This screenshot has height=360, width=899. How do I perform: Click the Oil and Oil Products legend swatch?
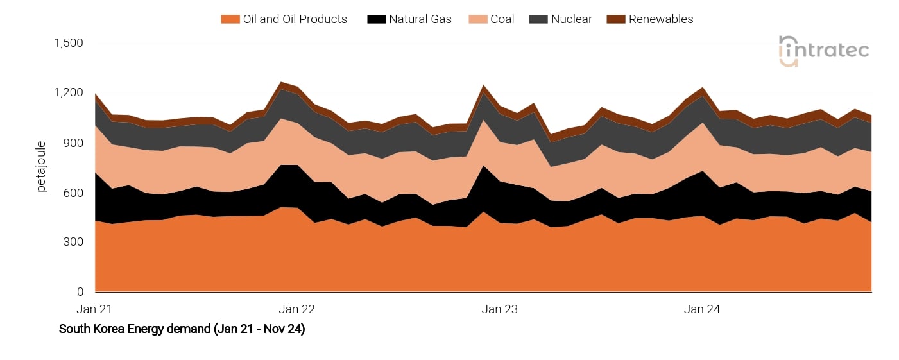230,19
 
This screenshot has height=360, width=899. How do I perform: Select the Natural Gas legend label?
420,19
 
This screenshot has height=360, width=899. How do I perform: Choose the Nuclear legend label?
571,19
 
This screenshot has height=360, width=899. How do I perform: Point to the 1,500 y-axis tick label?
69,43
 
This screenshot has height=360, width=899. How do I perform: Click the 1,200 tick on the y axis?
69,93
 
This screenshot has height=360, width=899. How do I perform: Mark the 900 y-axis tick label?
74,142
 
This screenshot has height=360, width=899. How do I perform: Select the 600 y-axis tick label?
74,193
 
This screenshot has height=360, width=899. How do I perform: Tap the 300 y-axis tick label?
74,242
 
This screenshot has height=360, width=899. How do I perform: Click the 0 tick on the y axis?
80,292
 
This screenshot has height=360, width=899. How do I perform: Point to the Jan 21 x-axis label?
94,309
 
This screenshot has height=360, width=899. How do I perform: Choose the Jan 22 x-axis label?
297,309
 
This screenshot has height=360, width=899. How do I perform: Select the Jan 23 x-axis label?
499,309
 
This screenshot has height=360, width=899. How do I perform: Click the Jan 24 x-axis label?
702,309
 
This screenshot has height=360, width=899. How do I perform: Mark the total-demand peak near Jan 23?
483,85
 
